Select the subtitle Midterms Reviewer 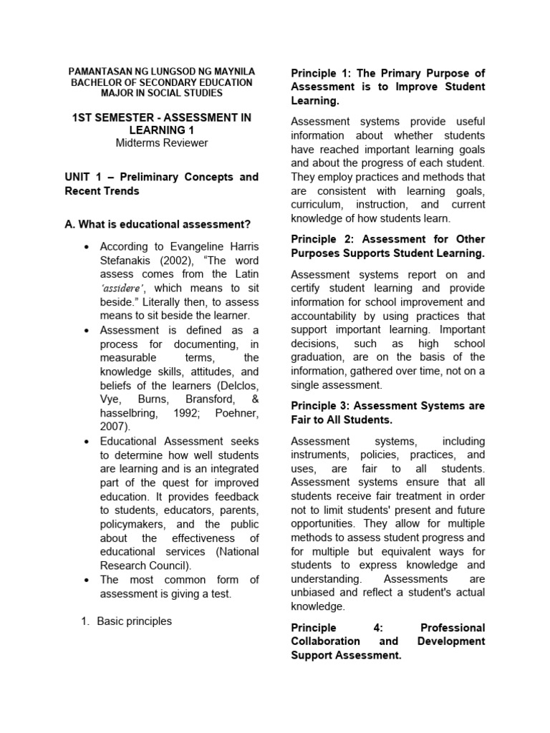(161, 142)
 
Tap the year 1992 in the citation (187, 413)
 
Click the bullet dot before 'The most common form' (85, 580)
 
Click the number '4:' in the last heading (380, 628)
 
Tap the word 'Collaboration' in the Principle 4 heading (326, 641)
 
